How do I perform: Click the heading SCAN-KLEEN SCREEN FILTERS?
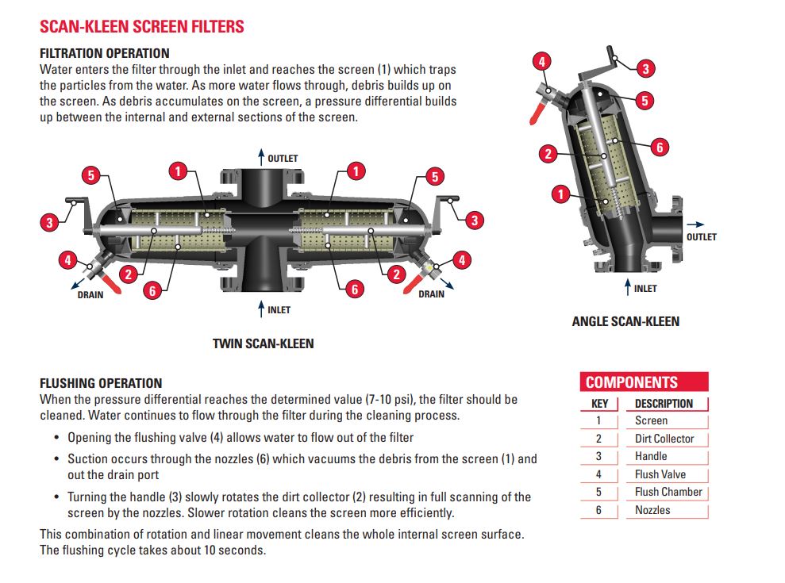coord(142,26)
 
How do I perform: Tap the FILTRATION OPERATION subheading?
coord(104,53)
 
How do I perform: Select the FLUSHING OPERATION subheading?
coord(101,383)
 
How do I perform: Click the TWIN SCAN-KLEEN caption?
coord(263,343)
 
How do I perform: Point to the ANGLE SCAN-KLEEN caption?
coord(625,321)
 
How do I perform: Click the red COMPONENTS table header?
coord(632,382)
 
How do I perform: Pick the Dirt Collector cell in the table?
coord(664,439)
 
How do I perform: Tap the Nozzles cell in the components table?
coord(652,510)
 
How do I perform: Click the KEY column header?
coord(599,403)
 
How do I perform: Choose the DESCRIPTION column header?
coord(664,403)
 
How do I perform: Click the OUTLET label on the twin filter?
coord(283,159)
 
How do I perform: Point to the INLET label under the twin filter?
coord(279,310)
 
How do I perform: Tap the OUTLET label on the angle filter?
coord(701,236)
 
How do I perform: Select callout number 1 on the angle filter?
coord(561,194)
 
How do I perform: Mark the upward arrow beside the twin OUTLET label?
coord(260,157)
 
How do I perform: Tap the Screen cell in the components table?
coord(651,420)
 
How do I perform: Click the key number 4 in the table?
coord(598,474)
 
